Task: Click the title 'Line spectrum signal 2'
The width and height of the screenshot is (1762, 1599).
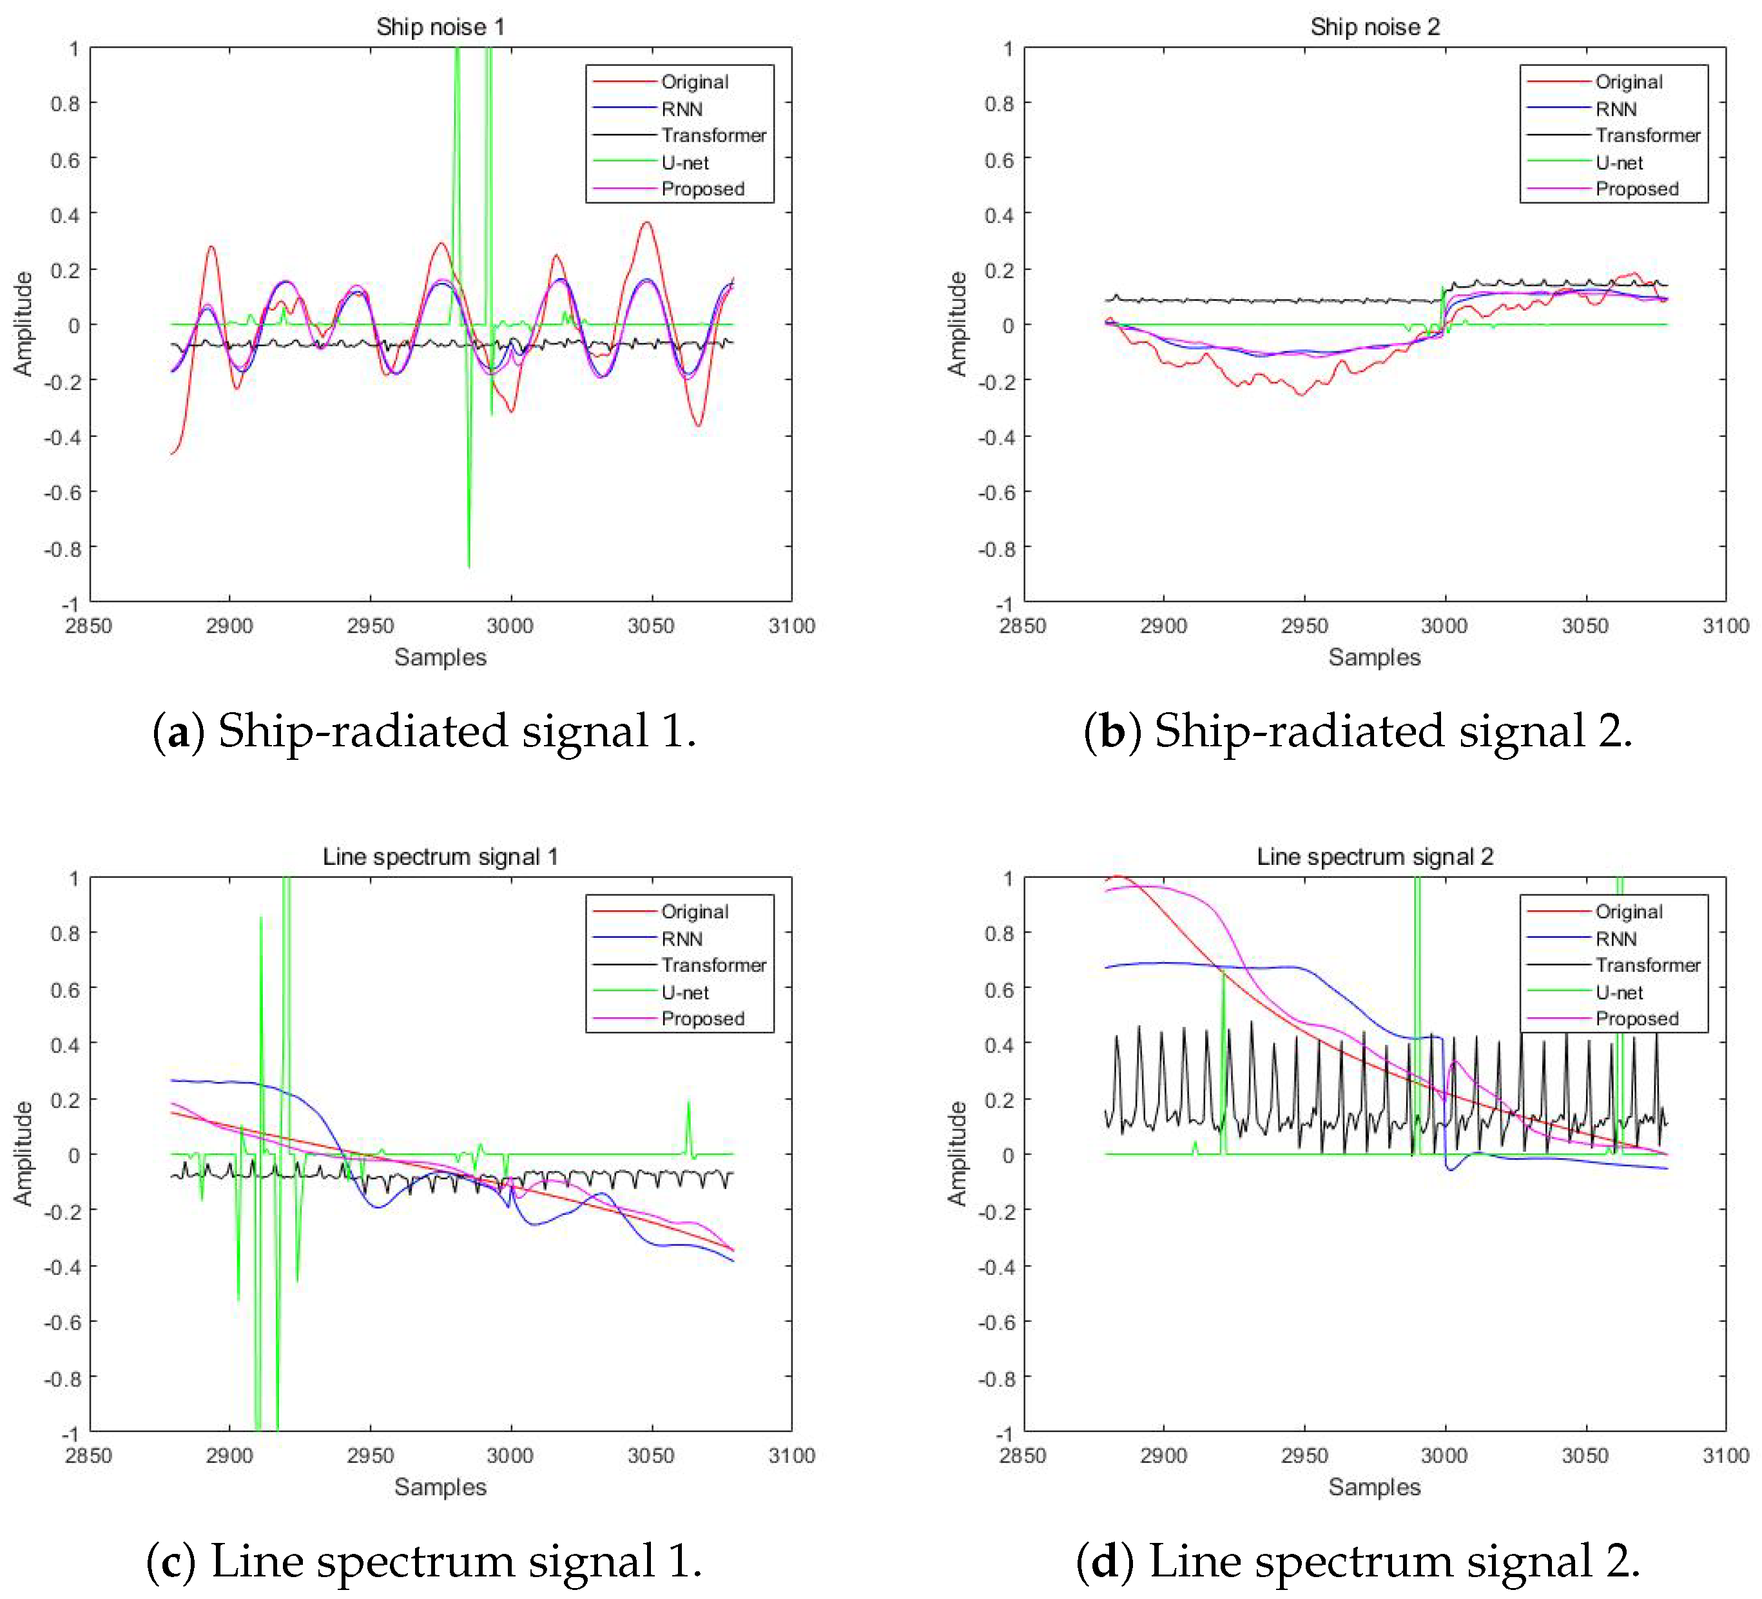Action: point(1374,856)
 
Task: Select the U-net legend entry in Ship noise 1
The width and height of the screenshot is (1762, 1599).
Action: point(684,162)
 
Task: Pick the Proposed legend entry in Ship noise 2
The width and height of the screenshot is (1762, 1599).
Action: point(1636,189)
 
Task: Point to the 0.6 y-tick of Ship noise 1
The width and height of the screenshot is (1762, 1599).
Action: point(64,159)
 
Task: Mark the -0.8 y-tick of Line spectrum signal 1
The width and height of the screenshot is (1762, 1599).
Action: point(61,1378)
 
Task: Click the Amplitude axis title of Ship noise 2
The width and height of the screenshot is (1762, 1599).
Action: point(957,324)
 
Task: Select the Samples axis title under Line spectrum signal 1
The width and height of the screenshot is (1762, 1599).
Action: point(440,1486)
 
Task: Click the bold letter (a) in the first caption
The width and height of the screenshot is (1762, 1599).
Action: point(179,731)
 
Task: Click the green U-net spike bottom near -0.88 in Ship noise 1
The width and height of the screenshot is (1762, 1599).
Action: point(469,566)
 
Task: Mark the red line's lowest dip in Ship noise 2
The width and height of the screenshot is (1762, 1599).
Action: point(1301,395)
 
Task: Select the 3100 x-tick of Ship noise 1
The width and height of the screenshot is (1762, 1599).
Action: point(791,625)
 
